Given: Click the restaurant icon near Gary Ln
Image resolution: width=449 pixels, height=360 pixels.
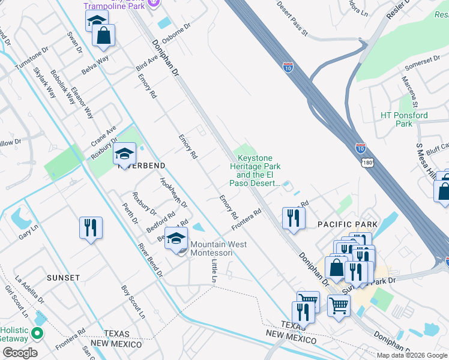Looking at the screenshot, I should click(x=91, y=227).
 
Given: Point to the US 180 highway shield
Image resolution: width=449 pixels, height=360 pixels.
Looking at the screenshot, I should click(x=367, y=163).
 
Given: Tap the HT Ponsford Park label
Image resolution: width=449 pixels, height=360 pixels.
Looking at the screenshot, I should click(x=404, y=119).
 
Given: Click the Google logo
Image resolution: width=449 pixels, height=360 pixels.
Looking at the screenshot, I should click(x=20, y=352).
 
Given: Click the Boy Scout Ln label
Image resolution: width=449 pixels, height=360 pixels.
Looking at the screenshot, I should click(x=133, y=301).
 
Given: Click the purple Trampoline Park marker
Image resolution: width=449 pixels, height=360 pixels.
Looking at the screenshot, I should click(x=154, y=4).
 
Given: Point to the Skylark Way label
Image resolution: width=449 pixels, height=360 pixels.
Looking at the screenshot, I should click(x=44, y=82).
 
